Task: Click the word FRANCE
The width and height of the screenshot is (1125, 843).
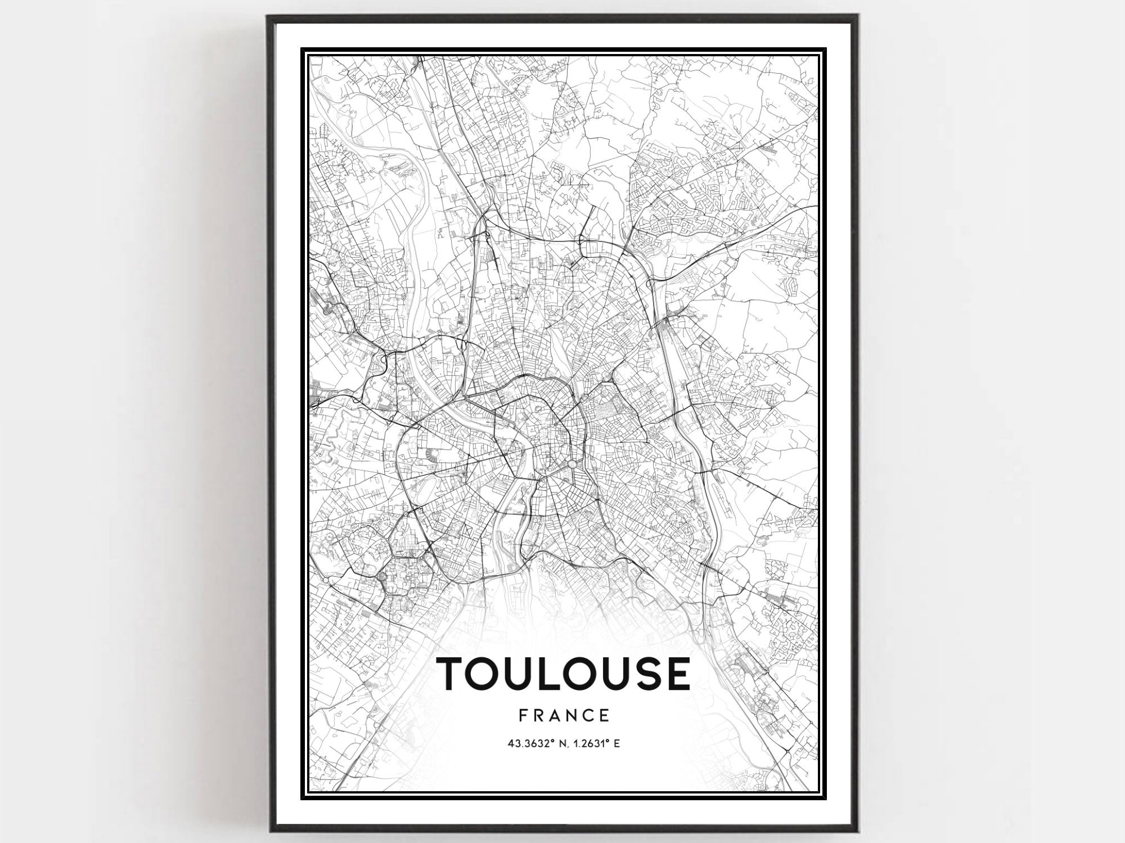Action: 564,715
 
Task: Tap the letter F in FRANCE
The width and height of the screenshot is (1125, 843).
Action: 523,715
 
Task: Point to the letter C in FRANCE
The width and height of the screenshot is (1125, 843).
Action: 588,715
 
